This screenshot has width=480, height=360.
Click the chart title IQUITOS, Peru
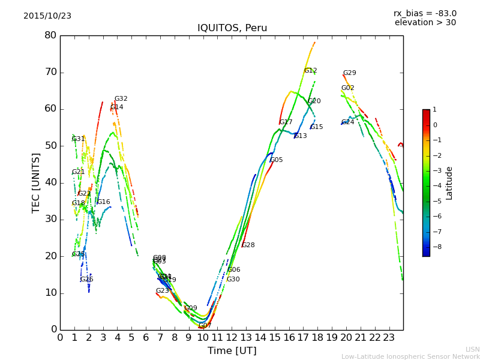coord(232,28)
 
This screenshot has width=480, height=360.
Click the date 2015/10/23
coord(47,16)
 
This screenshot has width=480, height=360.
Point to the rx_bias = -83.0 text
coord(425,13)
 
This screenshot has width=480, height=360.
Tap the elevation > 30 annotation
coord(425,23)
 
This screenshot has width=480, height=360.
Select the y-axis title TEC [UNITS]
coord(37,182)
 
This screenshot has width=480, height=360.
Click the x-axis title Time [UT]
coord(232,350)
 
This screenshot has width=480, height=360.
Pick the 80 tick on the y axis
coord(50,35)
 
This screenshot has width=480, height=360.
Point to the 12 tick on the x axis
coord(232,337)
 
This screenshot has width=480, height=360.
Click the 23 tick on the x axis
coord(389,337)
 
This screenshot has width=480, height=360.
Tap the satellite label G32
coord(121,99)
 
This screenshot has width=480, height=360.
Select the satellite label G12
coord(310,71)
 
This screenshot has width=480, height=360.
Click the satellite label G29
coord(349,73)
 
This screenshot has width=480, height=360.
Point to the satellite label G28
coord(248,245)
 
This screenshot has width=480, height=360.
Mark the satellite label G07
coord(205,326)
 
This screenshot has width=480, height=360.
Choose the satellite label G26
coord(86,280)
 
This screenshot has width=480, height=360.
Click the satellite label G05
coord(276,160)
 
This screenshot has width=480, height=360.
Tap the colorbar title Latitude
coord(449,183)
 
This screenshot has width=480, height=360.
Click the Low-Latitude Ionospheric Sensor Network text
coord(410,356)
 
